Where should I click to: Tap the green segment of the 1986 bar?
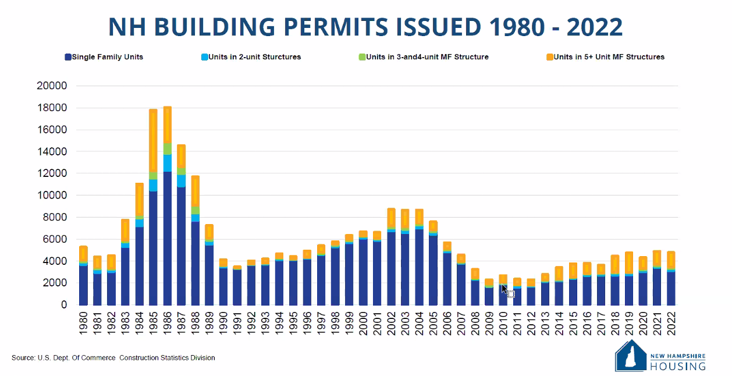(x=168, y=148)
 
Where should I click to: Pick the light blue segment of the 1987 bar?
(x=182, y=180)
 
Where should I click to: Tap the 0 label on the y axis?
(x=64, y=305)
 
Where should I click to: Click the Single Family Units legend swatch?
(x=68, y=57)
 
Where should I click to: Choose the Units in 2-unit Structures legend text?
(x=254, y=57)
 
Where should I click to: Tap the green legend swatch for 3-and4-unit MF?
(x=362, y=57)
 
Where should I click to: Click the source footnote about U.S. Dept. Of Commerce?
(x=113, y=358)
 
